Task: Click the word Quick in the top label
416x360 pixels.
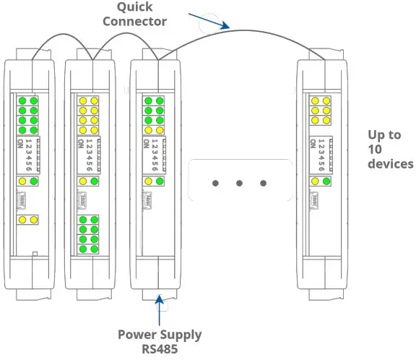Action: [136, 7]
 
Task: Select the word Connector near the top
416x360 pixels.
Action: [135, 21]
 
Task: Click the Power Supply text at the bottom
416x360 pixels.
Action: [160, 335]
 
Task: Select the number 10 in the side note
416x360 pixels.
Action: [376, 150]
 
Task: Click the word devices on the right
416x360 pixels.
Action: [391, 164]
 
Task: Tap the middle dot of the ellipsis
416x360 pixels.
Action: [239, 183]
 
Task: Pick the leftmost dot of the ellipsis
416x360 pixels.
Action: [215, 183]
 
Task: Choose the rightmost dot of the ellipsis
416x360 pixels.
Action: [263, 183]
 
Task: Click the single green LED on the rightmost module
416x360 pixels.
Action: [326, 181]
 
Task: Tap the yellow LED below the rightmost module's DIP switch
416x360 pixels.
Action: [315, 181]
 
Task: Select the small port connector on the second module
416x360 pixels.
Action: [81, 197]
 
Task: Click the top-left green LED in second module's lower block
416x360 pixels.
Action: [84, 220]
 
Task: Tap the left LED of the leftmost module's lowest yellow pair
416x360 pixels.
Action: [23, 219]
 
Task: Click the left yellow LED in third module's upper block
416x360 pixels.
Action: [147, 130]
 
